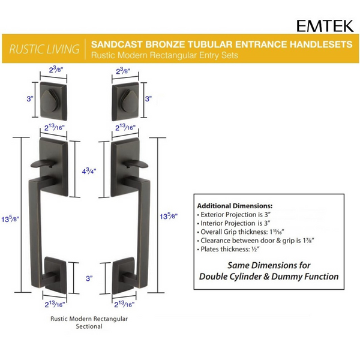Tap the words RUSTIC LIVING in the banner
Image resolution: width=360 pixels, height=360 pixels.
point(46,49)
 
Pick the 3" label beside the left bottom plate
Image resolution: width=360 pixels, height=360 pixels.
point(88,278)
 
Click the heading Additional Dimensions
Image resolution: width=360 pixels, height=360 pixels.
point(235,205)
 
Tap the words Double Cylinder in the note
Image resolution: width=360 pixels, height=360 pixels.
point(233,277)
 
